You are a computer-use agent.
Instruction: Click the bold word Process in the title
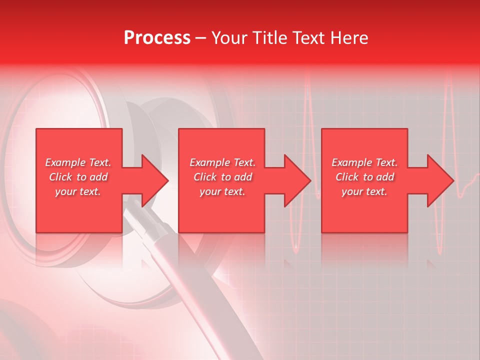[x=157, y=38]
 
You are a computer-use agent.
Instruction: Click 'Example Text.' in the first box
[x=78, y=162]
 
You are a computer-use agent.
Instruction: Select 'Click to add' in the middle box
[x=222, y=177]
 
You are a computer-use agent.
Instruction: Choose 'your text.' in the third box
[x=364, y=191]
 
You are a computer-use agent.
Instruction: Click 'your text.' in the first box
[x=78, y=191]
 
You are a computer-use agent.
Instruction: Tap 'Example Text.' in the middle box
[x=222, y=162]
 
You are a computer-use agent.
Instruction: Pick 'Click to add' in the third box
[x=364, y=177]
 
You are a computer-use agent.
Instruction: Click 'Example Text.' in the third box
[x=364, y=162]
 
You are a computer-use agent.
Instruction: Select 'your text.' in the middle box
[x=222, y=191]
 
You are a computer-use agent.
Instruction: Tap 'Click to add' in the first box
[x=78, y=177]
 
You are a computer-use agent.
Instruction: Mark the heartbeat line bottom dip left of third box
[x=296, y=247]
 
